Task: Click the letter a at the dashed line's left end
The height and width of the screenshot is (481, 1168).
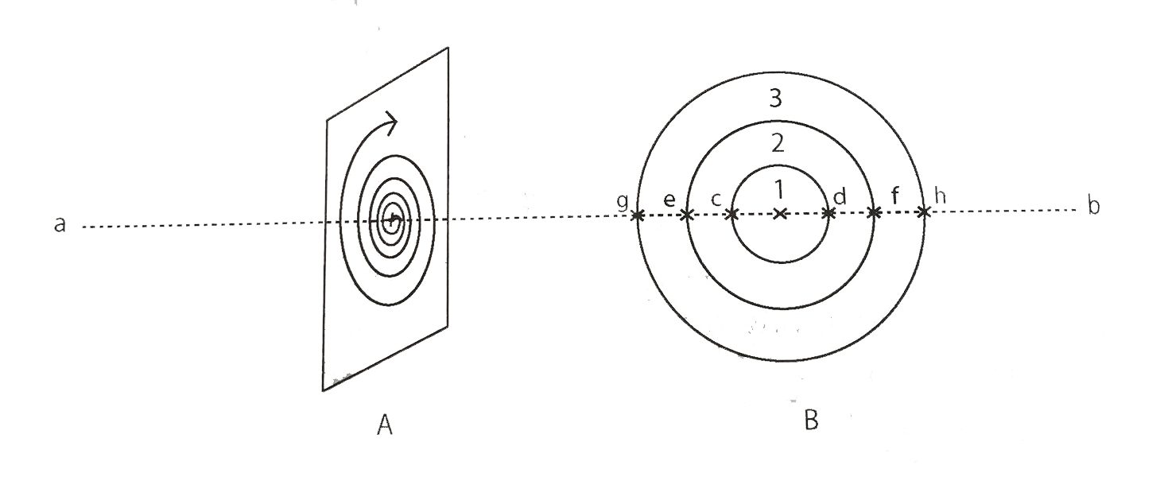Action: (x=60, y=224)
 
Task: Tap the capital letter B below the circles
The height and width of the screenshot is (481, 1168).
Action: (x=811, y=420)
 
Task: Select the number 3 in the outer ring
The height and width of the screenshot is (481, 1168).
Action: (x=776, y=98)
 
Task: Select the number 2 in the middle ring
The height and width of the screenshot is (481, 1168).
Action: (x=777, y=143)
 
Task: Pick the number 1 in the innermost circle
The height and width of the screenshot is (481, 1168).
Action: (x=779, y=190)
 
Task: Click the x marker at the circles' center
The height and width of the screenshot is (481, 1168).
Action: (x=779, y=213)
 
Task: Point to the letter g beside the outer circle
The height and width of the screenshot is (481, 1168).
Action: (x=623, y=201)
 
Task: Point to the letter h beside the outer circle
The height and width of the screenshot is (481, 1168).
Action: (x=940, y=196)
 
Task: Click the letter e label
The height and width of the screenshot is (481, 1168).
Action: (x=669, y=199)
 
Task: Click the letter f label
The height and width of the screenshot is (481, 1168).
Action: (x=895, y=196)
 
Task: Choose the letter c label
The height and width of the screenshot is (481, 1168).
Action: (x=716, y=199)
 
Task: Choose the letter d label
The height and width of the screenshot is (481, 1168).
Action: (x=840, y=196)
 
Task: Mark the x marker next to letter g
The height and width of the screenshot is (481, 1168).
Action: (x=637, y=215)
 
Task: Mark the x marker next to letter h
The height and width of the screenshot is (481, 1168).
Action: (x=923, y=211)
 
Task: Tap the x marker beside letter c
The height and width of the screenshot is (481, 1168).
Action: (x=732, y=214)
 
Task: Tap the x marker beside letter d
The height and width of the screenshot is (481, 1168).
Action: (x=828, y=212)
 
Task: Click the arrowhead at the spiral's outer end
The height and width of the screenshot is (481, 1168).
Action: (x=391, y=123)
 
